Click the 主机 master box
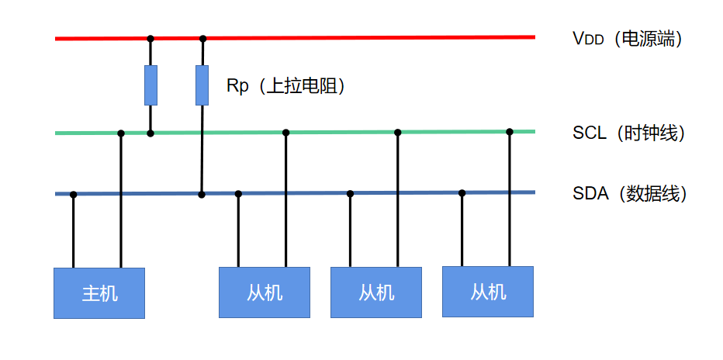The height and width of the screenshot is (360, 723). (99, 292)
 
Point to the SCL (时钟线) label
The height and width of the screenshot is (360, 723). (628, 133)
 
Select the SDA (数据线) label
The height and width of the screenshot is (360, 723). (629, 193)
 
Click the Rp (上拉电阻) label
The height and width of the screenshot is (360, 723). (285, 85)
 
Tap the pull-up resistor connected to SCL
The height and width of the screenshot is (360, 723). (150, 85)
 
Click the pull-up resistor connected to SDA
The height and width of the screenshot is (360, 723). (202, 85)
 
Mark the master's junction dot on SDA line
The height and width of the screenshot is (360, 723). (74, 194)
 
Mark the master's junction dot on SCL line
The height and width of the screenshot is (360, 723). (120, 133)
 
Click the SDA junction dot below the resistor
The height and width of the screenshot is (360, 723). (202, 194)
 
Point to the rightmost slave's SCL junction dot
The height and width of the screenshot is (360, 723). (510, 132)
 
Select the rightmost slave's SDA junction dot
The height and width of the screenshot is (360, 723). (462, 193)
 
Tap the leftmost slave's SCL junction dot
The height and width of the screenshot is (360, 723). (286, 133)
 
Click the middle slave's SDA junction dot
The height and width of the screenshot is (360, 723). (350, 194)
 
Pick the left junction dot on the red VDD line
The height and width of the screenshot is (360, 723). (150, 38)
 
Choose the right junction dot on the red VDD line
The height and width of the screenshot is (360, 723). (203, 38)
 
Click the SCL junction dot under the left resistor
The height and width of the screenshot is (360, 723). (150, 133)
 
